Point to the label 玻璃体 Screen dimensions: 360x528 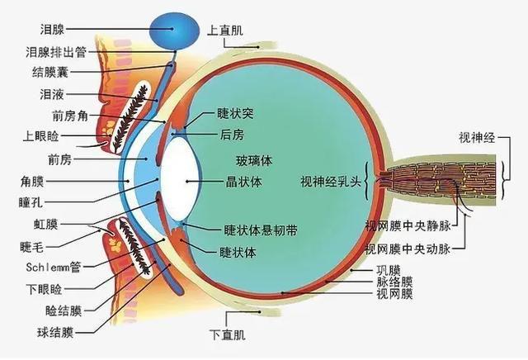click(253, 159)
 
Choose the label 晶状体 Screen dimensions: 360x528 click(242, 179)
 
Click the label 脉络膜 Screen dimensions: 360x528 click(394, 282)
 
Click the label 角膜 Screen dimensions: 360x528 click(31, 179)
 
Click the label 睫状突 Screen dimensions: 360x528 click(234, 114)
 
